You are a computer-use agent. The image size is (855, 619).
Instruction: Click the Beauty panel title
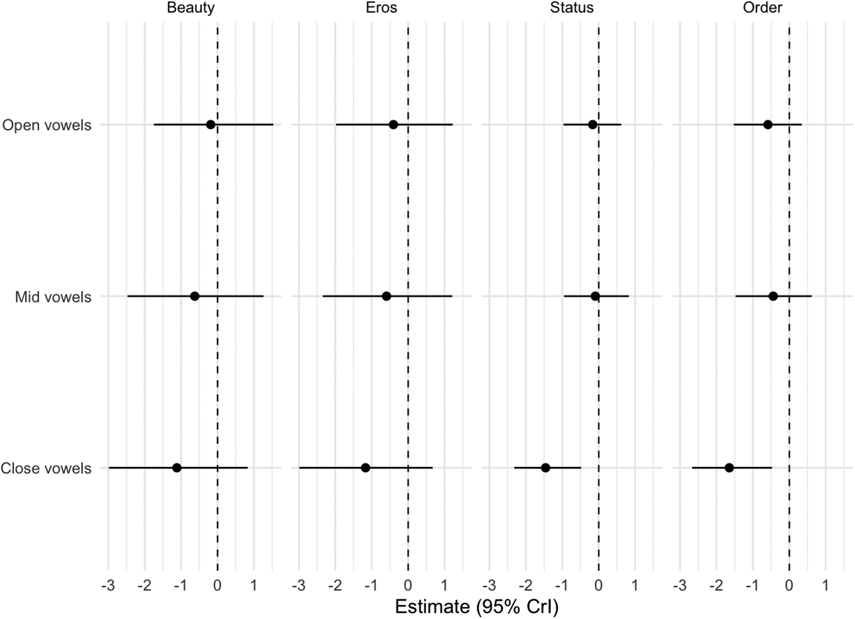pyautogui.click(x=191, y=7)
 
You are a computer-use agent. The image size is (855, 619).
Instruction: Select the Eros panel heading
pyautogui.click(x=381, y=7)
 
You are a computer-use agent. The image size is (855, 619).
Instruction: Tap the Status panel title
pyautogui.click(x=572, y=7)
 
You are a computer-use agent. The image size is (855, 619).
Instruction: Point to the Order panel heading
pyautogui.click(x=762, y=7)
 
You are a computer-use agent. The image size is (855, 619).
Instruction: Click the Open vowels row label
pyautogui.click(x=46, y=125)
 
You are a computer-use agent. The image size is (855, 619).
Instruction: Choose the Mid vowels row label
pyautogui.click(x=53, y=297)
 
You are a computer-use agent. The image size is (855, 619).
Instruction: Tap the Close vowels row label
pyautogui.click(x=46, y=468)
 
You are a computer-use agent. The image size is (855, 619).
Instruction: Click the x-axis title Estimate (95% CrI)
pyautogui.click(x=476, y=606)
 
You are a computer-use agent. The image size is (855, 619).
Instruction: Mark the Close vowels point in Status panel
pyautogui.click(x=545, y=468)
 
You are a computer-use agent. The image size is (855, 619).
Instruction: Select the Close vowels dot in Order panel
pyautogui.click(x=729, y=468)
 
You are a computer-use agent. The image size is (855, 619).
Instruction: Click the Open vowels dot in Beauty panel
pyautogui.click(x=210, y=125)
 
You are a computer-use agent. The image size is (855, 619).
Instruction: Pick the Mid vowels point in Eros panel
pyautogui.click(x=386, y=296)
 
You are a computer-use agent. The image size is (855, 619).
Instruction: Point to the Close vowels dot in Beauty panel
pyautogui.click(x=177, y=468)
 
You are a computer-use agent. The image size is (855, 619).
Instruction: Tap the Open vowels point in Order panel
pyautogui.click(x=768, y=125)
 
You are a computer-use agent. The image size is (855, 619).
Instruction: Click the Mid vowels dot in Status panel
pyautogui.click(x=595, y=296)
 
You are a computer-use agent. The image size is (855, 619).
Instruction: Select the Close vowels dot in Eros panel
pyautogui.click(x=365, y=468)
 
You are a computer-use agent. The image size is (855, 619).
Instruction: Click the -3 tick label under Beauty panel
pyautogui.click(x=108, y=585)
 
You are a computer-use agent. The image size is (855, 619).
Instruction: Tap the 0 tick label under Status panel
pyautogui.click(x=598, y=585)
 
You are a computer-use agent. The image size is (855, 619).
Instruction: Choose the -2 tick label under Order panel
pyautogui.click(x=716, y=585)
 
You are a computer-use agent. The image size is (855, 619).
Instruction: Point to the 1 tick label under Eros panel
pyautogui.click(x=444, y=585)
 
